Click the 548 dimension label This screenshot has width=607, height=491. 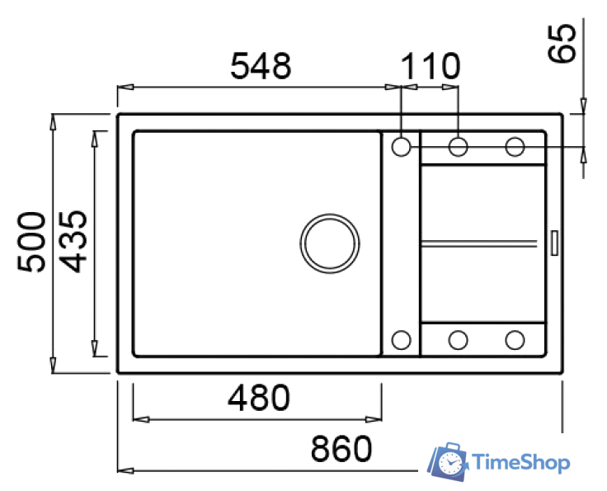click(x=261, y=66)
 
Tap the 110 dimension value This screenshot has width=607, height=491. click(x=431, y=66)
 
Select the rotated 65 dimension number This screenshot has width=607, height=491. click(x=562, y=43)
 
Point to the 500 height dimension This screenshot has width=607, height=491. click(x=31, y=242)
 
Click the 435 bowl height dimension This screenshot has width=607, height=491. click(x=73, y=242)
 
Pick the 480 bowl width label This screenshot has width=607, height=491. click(x=259, y=398)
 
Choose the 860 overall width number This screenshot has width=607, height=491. click(x=341, y=448)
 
